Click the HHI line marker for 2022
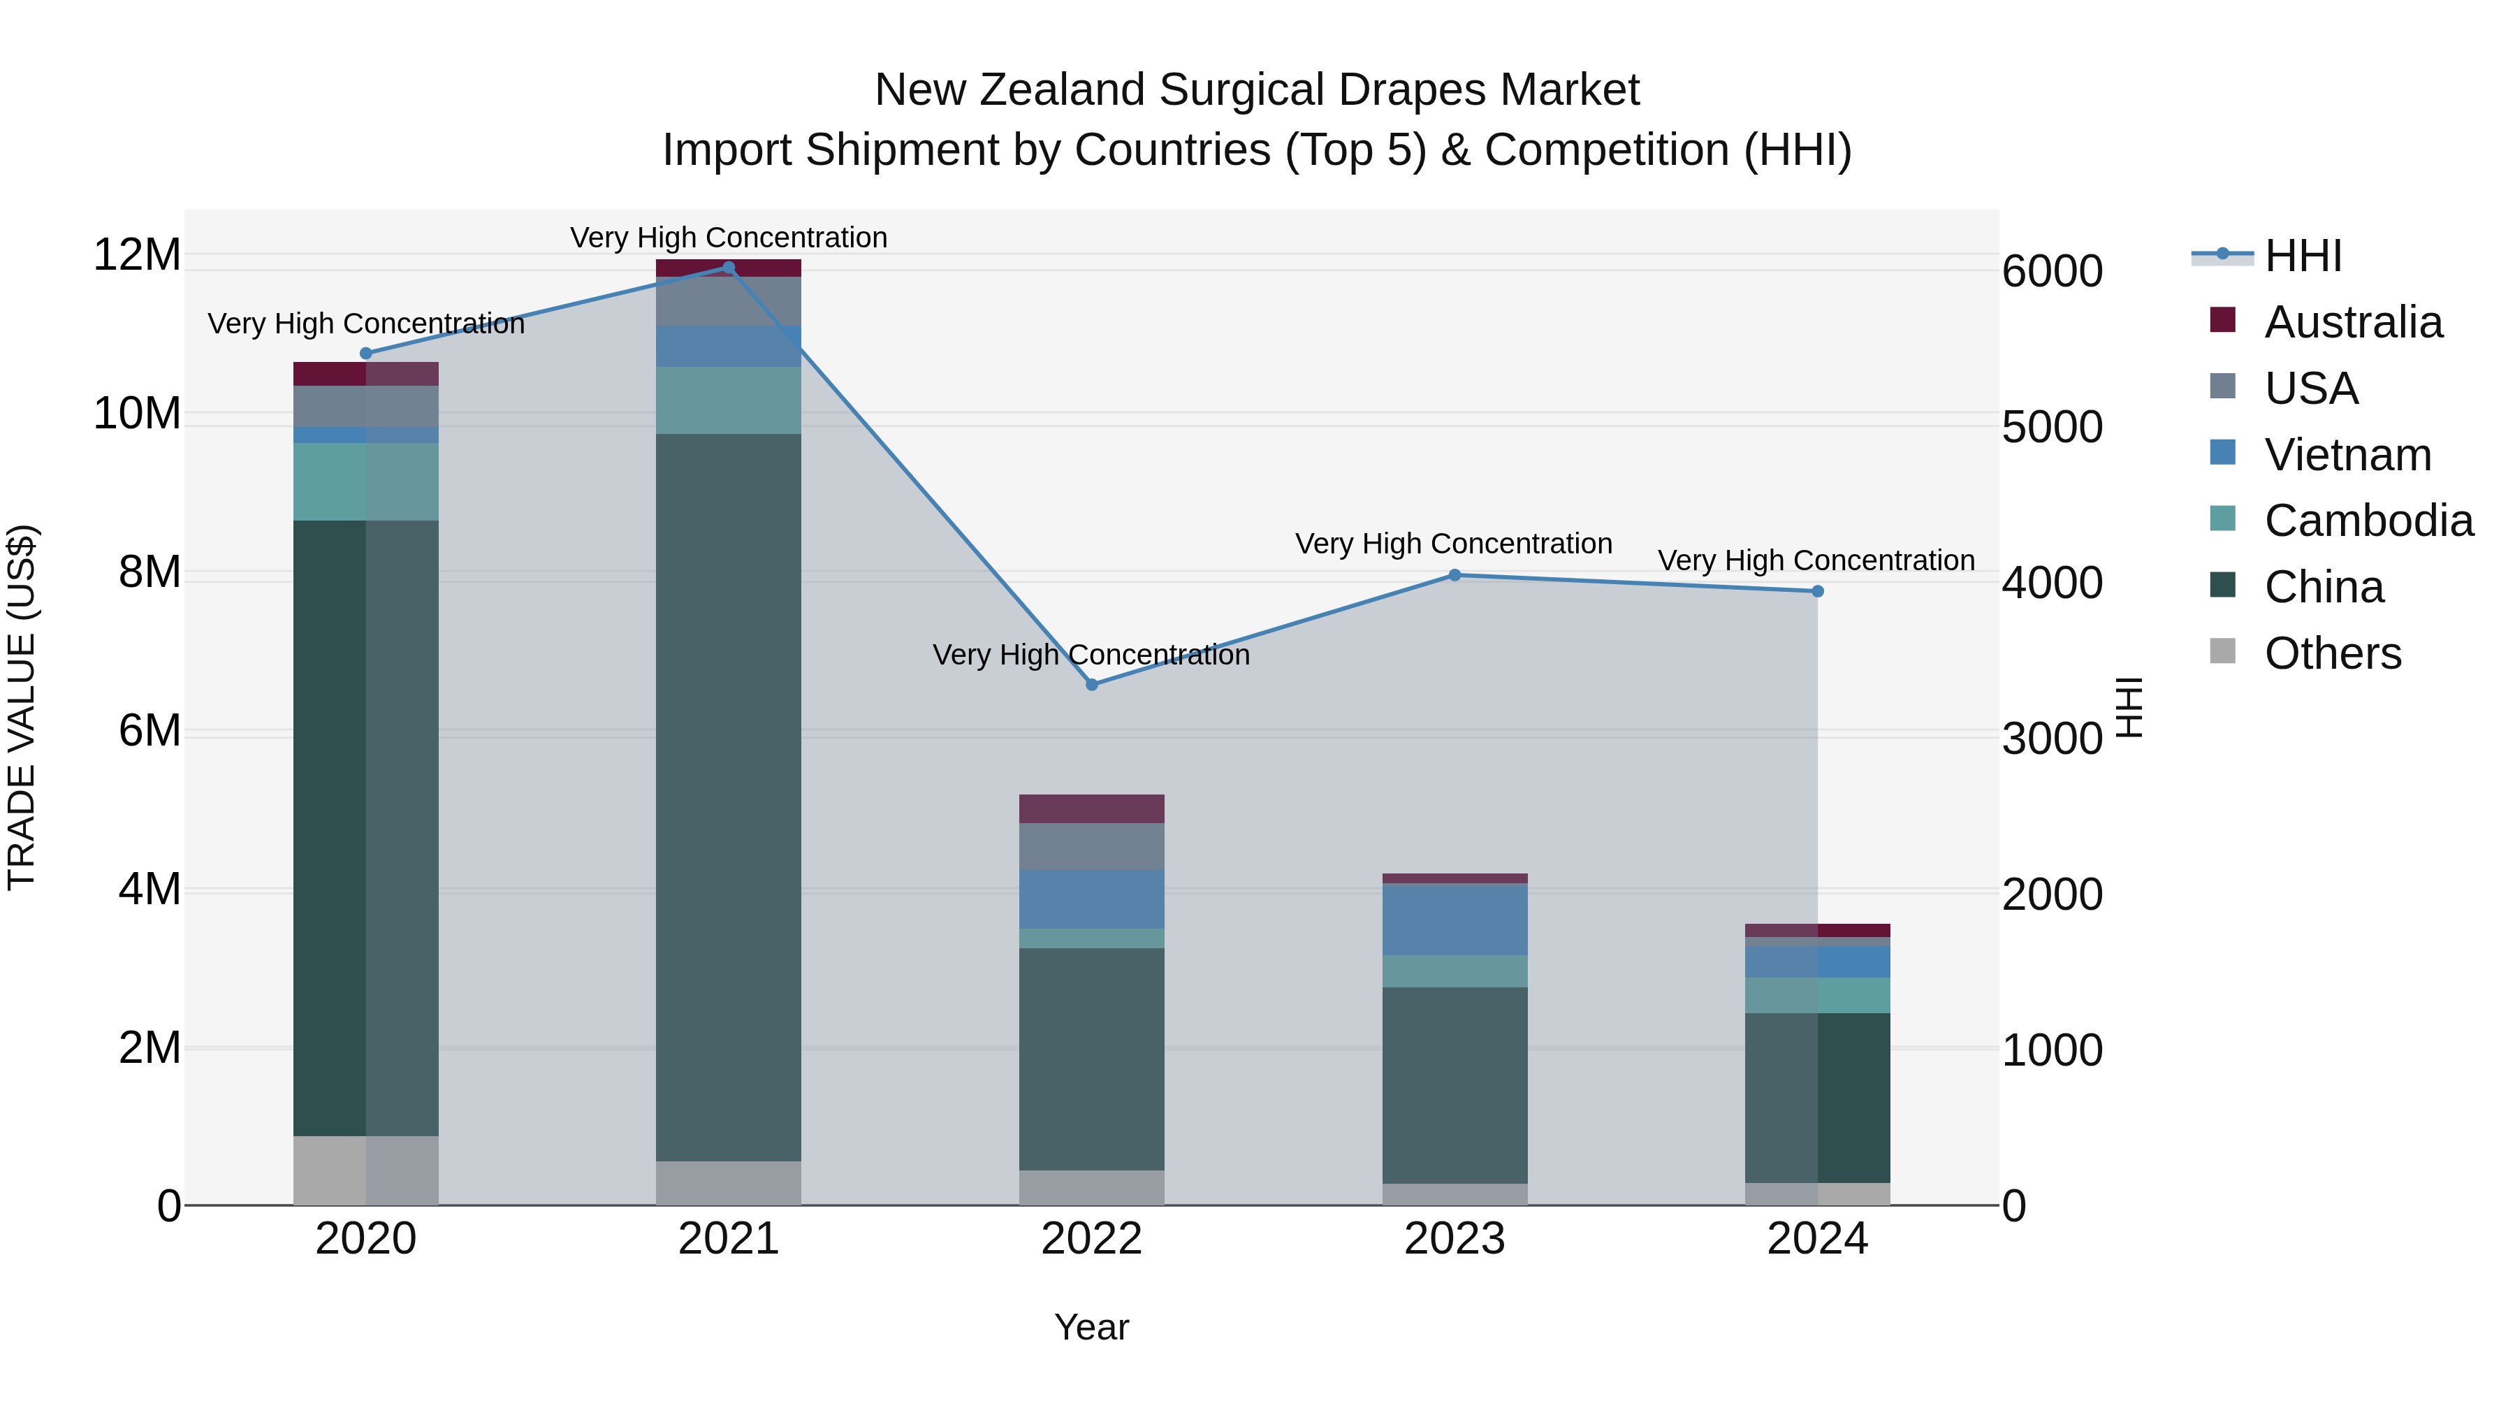point(1091,685)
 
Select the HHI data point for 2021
point(729,268)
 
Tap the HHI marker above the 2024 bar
point(1817,590)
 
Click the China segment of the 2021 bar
point(729,796)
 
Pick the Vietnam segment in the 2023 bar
point(1455,919)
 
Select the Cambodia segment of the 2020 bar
point(365,481)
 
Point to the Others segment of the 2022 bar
point(1091,1187)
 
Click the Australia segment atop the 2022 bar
point(1091,808)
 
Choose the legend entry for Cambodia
point(2368,521)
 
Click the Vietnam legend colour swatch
point(2223,453)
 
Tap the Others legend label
point(2333,653)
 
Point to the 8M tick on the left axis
point(150,572)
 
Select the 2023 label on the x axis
point(1455,1239)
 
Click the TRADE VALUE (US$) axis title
point(22,707)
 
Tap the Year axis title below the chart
point(1091,1327)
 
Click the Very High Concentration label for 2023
point(1453,544)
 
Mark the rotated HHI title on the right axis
point(2129,707)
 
